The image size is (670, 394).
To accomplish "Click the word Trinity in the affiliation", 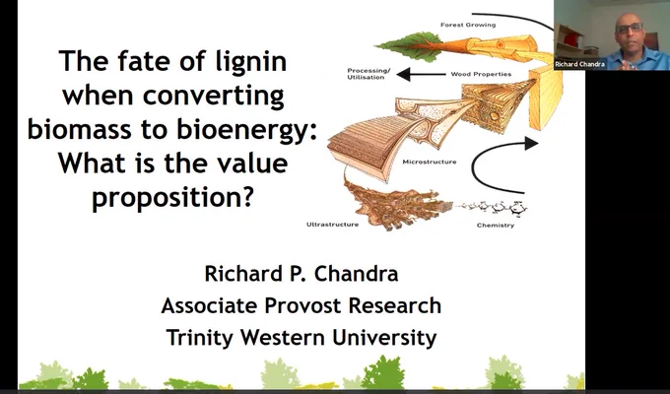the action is [x=200, y=338].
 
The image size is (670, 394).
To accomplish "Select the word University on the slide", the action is [x=384, y=338].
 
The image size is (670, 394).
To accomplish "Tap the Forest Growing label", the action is [x=468, y=25].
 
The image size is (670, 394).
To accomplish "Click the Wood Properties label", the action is [x=481, y=74].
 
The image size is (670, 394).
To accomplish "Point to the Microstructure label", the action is [x=429, y=162].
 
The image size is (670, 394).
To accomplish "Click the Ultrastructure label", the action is [x=332, y=225].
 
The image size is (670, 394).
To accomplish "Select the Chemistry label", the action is [x=496, y=226].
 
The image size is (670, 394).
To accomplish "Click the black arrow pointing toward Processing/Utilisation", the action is [x=421, y=74].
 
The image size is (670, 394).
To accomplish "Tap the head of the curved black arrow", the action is [x=531, y=143].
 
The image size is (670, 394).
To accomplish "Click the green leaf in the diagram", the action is [x=408, y=44].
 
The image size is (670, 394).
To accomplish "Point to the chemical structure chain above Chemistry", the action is [x=492, y=208].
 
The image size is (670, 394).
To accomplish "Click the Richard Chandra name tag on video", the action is [x=579, y=64].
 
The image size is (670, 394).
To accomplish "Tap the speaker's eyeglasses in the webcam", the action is [x=629, y=28].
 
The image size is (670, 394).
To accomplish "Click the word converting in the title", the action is [x=213, y=97].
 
